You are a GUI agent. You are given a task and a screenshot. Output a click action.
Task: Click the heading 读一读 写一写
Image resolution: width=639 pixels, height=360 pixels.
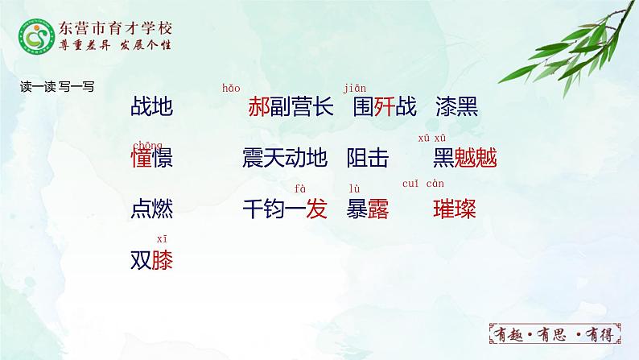[x=56, y=87]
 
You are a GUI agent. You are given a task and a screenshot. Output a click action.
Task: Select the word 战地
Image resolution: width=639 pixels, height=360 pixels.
[x=151, y=107]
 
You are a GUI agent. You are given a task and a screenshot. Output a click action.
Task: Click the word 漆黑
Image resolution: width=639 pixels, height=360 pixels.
[x=456, y=107]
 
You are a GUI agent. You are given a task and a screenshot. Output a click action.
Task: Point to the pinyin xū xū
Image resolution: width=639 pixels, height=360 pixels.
[x=432, y=139]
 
